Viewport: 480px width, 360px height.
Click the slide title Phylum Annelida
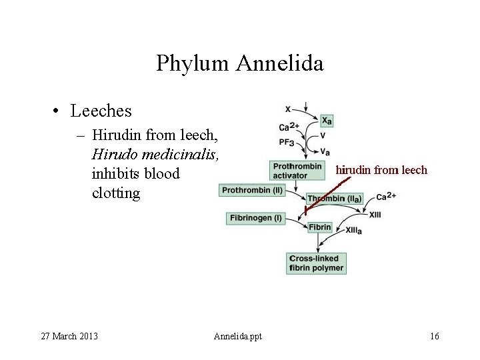pos(240,63)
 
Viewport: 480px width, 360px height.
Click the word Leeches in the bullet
pos(101,110)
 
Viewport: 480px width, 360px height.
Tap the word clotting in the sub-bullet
pos(117,193)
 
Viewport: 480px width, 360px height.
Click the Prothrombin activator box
pos(297,170)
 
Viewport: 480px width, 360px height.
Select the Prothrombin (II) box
pos(252,190)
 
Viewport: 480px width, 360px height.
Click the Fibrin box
pos(319,227)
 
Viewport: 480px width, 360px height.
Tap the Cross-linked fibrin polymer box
pos(316,263)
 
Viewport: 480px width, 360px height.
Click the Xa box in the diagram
pos(327,120)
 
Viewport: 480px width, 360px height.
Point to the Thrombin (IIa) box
pos(335,198)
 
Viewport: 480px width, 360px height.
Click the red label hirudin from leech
pos(381,170)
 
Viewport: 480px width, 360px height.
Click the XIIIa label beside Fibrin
pos(353,230)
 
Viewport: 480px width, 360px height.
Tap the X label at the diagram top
pos(287,109)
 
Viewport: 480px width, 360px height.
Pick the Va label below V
pos(325,152)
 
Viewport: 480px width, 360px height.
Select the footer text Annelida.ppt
pos(238,335)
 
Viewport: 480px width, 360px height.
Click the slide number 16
pos(435,335)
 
